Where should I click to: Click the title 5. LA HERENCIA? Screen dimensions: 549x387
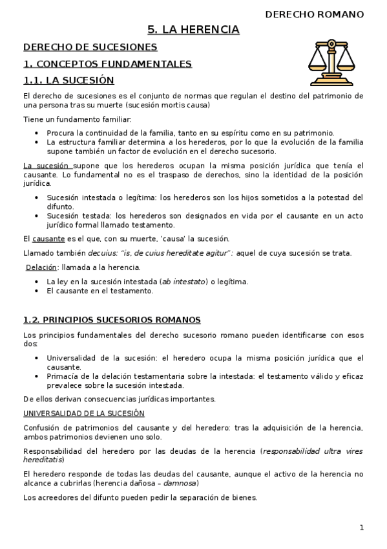pyautogui.click(x=193, y=29)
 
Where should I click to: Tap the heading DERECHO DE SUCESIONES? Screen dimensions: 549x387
pyautogui.click(x=90, y=47)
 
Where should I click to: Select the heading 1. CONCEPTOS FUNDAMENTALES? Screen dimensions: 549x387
pyautogui.click(x=107, y=64)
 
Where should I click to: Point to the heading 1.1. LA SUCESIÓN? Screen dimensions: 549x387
pyautogui.click(x=68, y=80)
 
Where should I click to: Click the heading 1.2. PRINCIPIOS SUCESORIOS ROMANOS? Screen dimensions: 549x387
pyautogui.click(x=112, y=320)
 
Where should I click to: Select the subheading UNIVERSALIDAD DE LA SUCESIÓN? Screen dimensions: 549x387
pyautogui.click(x=84, y=413)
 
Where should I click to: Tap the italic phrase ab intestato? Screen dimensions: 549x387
pyautogui.click(x=183, y=282)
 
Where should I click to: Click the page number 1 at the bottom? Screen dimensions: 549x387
pyautogui.click(x=362, y=528)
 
